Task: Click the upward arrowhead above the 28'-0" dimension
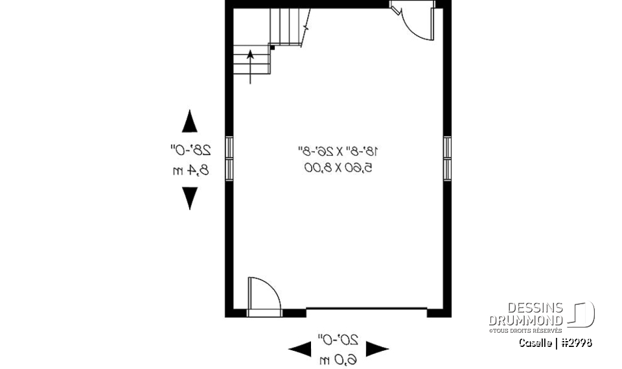(189, 121)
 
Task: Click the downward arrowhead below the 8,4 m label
(189, 198)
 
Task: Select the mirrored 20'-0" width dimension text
(338, 339)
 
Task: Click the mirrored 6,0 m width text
(338, 357)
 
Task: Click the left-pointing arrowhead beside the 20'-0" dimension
(299, 350)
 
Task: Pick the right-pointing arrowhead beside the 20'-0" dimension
(377, 350)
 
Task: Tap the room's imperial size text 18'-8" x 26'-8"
(338, 152)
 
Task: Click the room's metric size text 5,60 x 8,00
(338, 169)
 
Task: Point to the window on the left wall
(229, 158)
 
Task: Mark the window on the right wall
(447, 158)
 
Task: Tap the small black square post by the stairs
(273, 47)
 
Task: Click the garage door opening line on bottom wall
(366, 309)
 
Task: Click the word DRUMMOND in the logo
(525, 320)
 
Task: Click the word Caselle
(535, 342)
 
